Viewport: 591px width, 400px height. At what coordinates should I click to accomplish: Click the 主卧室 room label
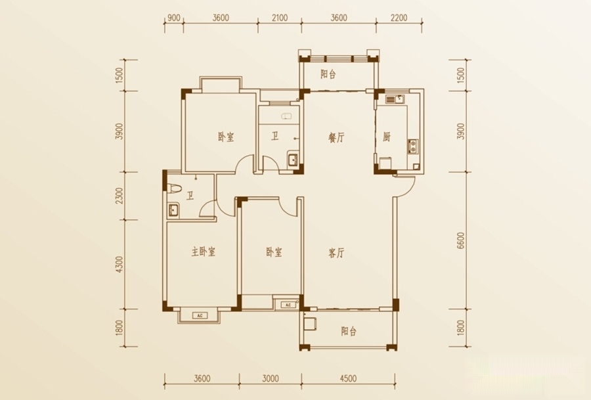pyautogui.click(x=203, y=252)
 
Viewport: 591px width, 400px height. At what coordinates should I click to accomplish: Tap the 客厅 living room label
pyautogui.click(x=336, y=253)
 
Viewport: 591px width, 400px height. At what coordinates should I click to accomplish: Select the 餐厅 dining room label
pyautogui.click(x=336, y=138)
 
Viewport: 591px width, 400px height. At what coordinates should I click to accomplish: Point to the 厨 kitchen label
pyautogui.click(x=386, y=137)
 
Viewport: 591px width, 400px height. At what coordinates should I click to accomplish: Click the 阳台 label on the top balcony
pyautogui.click(x=328, y=74)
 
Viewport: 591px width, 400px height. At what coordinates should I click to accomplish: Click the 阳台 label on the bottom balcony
pyautogui.click(x=349, y=332)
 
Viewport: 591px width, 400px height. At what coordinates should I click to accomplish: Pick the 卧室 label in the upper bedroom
pyautogui.click(x=226, y=137)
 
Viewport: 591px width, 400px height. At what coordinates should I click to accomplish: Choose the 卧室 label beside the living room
pyautogui.click(x=274, y=252)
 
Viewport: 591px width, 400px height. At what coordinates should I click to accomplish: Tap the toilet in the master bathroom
pyautogui.click(x=175, y=188)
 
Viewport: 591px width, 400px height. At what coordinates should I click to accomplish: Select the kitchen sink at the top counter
pyautogui.click(x=395, y=100)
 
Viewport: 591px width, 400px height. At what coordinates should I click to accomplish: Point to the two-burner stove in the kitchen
pyautogui.click(x=413, y=146)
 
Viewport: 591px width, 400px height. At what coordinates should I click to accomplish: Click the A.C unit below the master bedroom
pyautogui.click(x=200, y=315)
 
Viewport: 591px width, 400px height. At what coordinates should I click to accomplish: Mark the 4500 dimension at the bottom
pyautogui.click(x=348, y=378)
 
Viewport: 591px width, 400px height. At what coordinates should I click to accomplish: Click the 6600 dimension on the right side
pyautogui.click(x=460, y=240)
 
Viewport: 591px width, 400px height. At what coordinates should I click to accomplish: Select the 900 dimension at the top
pyautogui.click(x=173, y=18)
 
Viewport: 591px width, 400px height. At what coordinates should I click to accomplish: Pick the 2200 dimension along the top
pyautogui.click(x=399, y=18)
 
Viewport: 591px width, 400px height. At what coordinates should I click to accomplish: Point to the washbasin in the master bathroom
pyautogui.click(x=173, y=210)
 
